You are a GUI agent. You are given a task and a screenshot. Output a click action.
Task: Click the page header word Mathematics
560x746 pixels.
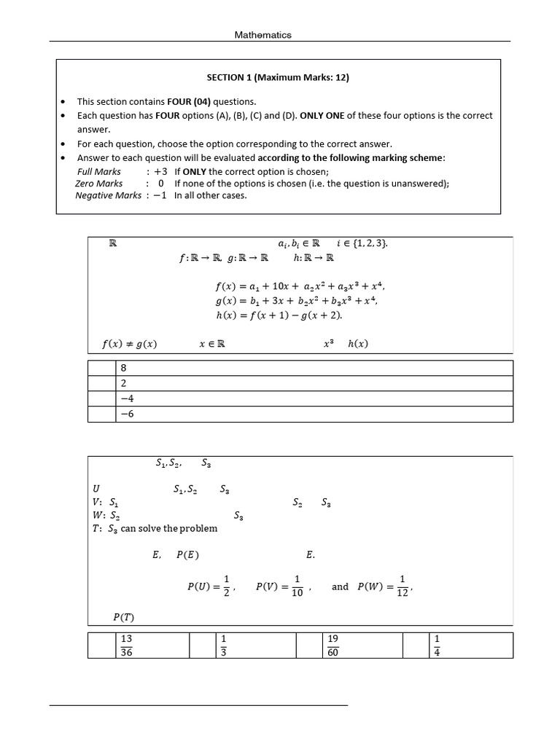[262, 35]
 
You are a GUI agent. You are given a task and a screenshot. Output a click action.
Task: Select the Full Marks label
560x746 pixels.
[99, 172]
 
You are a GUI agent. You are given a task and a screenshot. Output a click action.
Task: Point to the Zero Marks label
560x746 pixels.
[99, 184]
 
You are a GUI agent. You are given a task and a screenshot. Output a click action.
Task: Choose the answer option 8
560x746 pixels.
[123, 369]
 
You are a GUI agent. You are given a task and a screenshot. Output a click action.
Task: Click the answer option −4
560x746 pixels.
[126, 398]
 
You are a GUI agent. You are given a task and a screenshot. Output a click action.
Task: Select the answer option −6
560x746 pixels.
[126, 415]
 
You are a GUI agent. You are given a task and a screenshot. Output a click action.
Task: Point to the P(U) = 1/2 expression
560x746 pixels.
[209, 586]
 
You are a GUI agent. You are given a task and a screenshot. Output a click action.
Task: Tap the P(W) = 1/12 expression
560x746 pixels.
[385, 586]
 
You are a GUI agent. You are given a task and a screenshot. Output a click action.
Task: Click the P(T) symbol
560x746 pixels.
[123, 618]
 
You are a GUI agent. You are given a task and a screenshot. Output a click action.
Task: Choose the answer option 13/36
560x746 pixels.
[127, 645]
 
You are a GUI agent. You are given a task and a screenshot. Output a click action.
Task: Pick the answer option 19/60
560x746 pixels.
[333, 645]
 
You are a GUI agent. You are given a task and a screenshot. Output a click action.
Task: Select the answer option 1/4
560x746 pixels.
[437, 645]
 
